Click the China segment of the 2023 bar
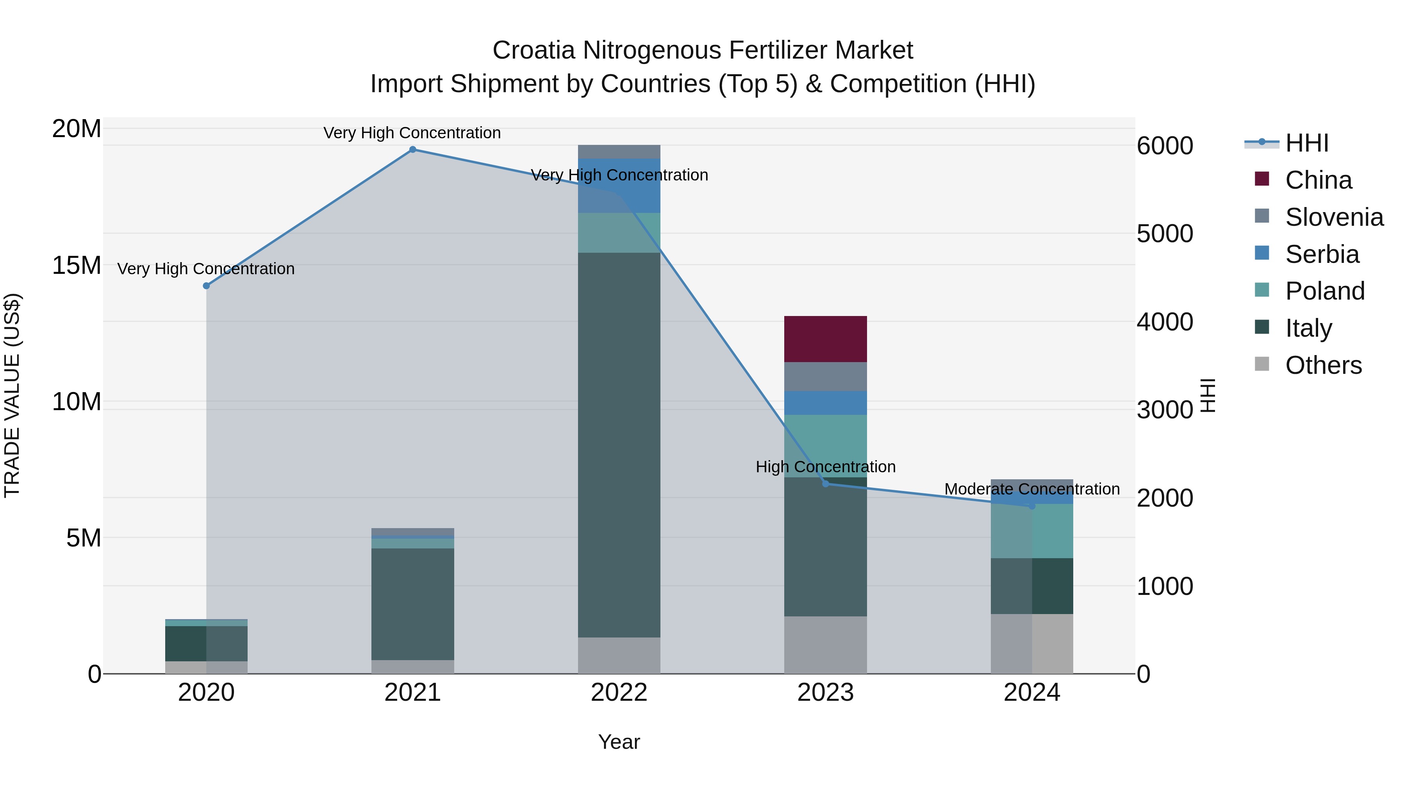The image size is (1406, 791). tap(825, 339)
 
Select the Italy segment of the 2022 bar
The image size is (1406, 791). tap(619, 445)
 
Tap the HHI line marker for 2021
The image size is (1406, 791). tap(413, 150)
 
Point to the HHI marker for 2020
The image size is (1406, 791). tap(206, 286)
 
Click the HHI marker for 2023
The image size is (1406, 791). tap(825, 484)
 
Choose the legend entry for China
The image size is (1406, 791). tap(1318, 180)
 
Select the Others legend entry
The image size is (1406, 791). tap(1323, 365)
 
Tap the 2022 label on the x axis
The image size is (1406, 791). tap(619, 693)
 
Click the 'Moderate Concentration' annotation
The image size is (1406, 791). tap(1031, 489)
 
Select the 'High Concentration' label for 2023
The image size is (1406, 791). tap(825, 467)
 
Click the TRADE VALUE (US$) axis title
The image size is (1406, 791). tap(12, 395)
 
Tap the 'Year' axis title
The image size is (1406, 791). tap(619, 742)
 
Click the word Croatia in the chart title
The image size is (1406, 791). tap(534, 50)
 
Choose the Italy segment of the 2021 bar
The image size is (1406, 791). tap(413, 604)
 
